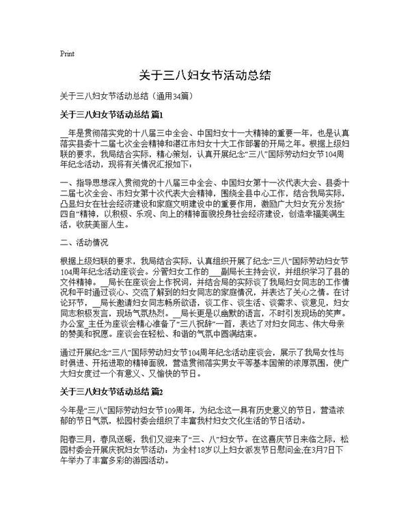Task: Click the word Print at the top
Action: [x=67, y=53]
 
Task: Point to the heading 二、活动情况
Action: [x=84, y=242]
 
